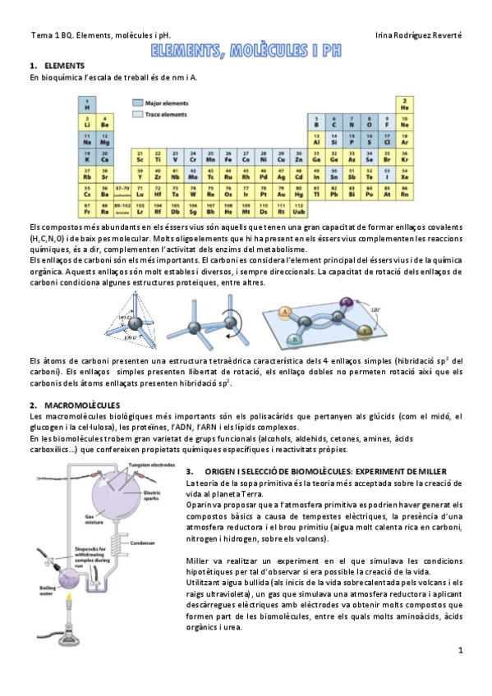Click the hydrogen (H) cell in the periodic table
[x=86, y=104]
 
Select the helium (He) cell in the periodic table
[x=404, y=104]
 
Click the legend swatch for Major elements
[x=136, y=103]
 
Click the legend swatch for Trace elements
[x=136, y=115]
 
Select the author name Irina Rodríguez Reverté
[x=418, y=36]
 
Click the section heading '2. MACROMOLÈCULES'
[x=75, y=405]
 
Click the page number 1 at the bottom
[x=461, y=650]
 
